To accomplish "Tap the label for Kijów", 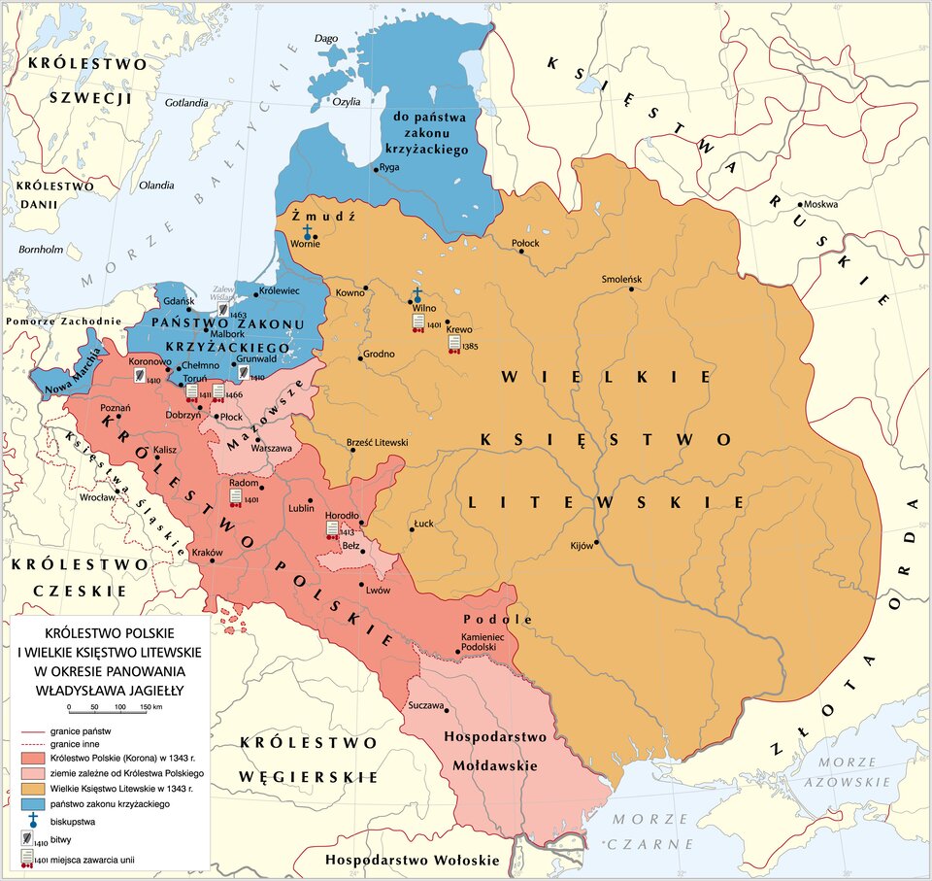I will click(581, 545).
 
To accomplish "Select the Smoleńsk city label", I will click(622, 279).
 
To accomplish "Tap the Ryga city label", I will click(388, 167).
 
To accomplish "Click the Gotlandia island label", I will click(187, 102).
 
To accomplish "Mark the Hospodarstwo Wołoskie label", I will click(412, 860).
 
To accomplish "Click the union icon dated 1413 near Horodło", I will click(333, 529).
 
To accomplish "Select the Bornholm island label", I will click(41, 250).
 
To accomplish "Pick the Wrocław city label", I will click(97, 496).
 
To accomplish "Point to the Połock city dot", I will click(521, 251).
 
